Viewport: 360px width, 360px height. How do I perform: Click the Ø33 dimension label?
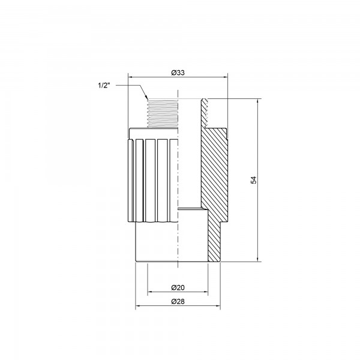coord(178,72)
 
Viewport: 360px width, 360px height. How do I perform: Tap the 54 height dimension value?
coord(253,180)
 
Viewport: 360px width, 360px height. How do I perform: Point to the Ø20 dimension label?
coord(178,287)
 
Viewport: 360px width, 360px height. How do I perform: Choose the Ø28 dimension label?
coord(178,301)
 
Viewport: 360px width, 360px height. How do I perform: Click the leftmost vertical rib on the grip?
coord(133,180)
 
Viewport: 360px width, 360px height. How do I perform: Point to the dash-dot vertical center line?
coord(178,180)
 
